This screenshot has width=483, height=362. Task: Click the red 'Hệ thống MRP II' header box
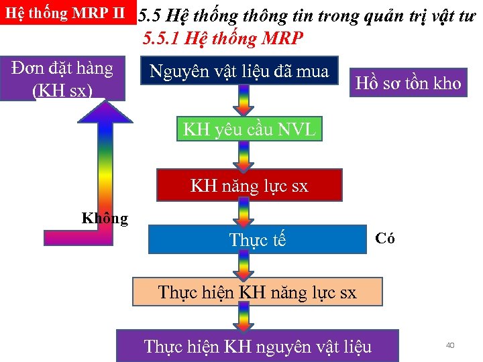tap(67, 14)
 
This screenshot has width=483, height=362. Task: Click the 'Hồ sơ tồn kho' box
tap(408, 83)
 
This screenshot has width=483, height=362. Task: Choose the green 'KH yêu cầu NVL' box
tap(249, 129)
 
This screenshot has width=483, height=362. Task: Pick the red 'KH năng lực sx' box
tap(249, 185)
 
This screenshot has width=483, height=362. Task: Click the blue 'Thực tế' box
tap(257, 239)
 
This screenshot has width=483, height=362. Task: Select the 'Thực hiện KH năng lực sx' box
tap(257, 292)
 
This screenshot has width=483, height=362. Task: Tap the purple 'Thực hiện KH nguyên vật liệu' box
tap(257, 346)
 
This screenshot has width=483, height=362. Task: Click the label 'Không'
tap(105, 218)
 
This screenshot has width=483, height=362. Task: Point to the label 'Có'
tap(385, 238)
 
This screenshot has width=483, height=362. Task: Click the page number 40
tap(450, 345)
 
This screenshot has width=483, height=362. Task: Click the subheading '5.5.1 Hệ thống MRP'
tap(223, 39)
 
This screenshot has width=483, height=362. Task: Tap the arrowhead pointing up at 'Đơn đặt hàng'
tap(106, 111)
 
